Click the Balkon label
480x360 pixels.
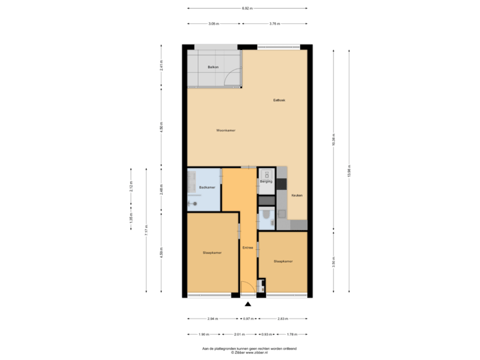point(213,67)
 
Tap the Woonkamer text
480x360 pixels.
point(226,130)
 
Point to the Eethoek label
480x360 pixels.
point(279,101)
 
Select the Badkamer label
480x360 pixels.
point(207,187)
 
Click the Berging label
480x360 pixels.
point(265,181)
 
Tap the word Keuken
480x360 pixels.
point(297,195)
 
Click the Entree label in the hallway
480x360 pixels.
point(248,248)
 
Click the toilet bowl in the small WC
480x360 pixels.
point(266,215)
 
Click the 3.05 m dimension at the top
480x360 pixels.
point(213,23)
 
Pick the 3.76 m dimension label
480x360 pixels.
point(273,23)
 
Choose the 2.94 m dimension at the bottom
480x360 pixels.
point(212,318)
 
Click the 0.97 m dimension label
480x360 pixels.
point(248,318)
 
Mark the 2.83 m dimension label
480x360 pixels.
point(283,318)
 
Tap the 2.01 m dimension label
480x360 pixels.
point(240,333)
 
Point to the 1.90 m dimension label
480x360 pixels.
point(204,333)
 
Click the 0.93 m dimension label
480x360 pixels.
point(267,333)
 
